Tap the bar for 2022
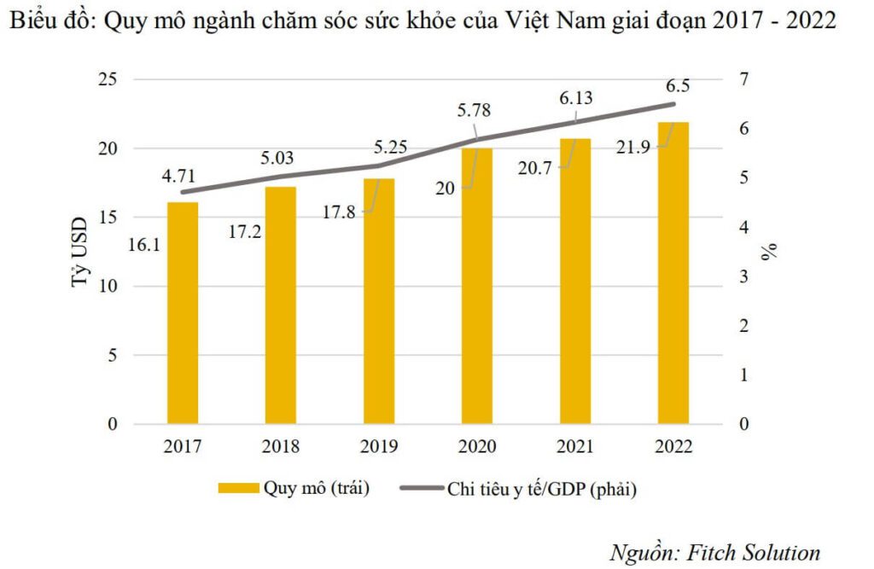[673, 273]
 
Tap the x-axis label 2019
[379, 447]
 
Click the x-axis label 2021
[575, 447]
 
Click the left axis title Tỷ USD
[79, 253]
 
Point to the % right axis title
[770, 252]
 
